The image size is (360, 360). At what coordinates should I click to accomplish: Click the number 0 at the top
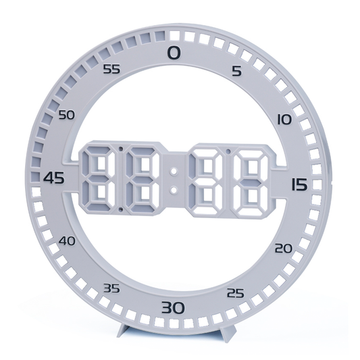click(x=174, y=53)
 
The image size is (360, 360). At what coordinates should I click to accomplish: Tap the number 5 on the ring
click(x=236, y=70)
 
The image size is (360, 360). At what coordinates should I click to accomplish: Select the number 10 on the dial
click(x=284, y=119)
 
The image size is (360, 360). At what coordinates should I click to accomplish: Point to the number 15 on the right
click(x=300, y=184)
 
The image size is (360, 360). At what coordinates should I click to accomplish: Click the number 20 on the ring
click(x=284, y=249)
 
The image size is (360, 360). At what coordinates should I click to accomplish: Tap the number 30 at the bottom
click(x=172, y=309)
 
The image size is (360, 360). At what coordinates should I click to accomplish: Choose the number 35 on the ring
click(x=111, y=288)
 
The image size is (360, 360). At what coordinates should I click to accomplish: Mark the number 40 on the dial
click(x=68, y=240)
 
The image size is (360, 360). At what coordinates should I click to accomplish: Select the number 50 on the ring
click(x=66, y=115)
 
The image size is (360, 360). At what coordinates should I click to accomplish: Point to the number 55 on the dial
click(x=112, y=68)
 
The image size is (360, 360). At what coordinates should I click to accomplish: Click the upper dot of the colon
click(x=174, y=166)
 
